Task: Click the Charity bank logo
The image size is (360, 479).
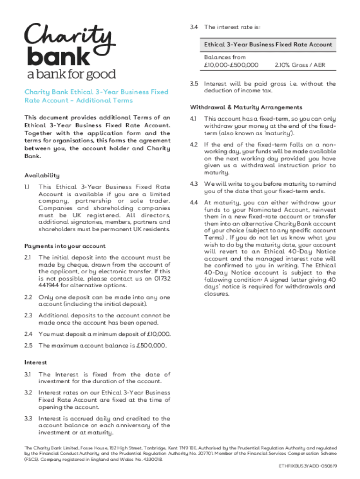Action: (x=70, y=45)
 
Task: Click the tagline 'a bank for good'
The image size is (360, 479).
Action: (x=70, y=74)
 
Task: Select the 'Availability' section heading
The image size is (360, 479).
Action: (x=42, y=175)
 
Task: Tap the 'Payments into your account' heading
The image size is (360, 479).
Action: (x=65, y=246)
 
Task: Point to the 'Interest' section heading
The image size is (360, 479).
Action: (x=36, y=363)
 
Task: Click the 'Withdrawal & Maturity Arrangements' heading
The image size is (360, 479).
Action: (x=246, y=107)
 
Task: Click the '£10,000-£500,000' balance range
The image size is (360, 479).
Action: (x=231, y=65)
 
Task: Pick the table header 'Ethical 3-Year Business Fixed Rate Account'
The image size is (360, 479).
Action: (x=268, y=44)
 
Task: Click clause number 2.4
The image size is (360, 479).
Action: (x=28, y=334)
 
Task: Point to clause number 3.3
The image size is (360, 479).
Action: (x=28, y=419)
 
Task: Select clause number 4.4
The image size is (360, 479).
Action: (x=194, y=203)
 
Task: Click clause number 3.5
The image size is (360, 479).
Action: (x=194, y=84)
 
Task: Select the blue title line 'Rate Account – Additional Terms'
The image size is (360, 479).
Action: (x=79, y=100)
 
